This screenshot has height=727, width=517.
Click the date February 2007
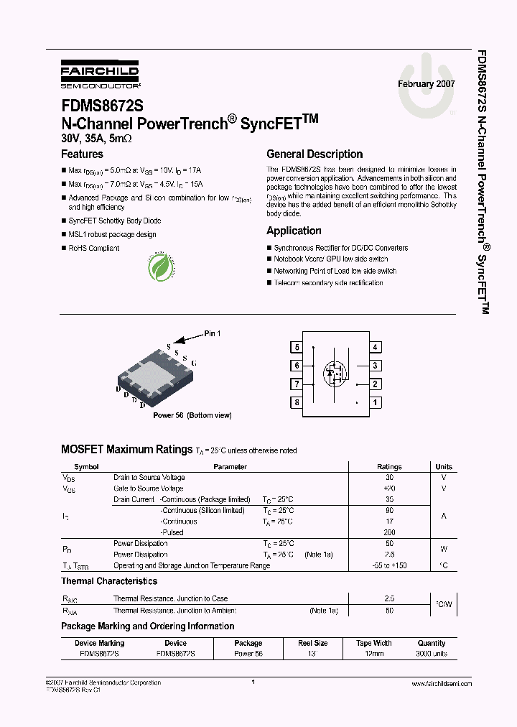point(427,84)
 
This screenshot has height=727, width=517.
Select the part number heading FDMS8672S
point(102,106)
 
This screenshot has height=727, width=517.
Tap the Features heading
point(82,154)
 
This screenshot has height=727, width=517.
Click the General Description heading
point(315,154)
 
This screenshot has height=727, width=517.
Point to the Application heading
point(294,231)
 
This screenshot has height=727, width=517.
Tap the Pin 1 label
point(213,333)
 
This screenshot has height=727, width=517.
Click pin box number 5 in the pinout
point(297,348)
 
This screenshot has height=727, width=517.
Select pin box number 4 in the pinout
point(375,348)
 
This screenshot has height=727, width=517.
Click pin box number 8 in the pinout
point(297,402)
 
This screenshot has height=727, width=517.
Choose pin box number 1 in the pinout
point(375,402)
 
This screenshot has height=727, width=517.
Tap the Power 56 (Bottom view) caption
point(192,415)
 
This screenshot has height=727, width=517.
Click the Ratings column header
point(389,467)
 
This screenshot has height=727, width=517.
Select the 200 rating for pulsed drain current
point(389,532)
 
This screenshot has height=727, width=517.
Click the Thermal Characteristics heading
point(109,581)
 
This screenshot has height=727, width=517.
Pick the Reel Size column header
point(312,643)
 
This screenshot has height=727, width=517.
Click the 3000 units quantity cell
point(431,654)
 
